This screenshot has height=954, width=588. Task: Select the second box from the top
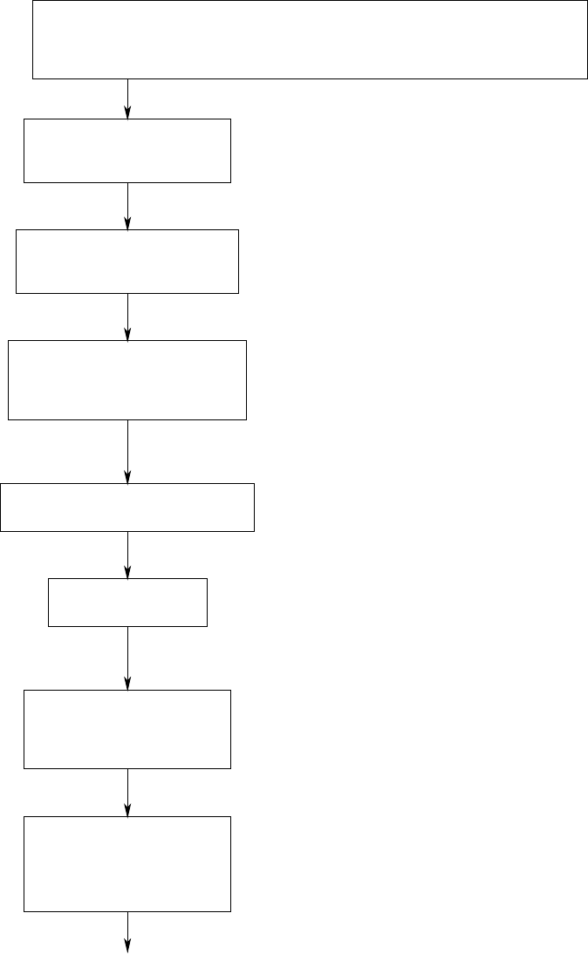[127, 151]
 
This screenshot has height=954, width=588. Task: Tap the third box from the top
[127, 262]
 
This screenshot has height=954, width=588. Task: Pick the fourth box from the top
[127, 380]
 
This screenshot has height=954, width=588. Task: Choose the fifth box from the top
[127, 508]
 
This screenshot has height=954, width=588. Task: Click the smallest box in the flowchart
[127, 602]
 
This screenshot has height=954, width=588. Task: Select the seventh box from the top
[127, 729]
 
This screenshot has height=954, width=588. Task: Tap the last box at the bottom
[127, 864]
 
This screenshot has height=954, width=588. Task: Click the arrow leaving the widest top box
[128, 99]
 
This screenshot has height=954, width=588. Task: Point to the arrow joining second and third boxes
[128, 206]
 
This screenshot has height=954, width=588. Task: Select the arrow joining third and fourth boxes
[128, 317]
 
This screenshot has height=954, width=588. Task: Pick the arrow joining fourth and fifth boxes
[128, 452]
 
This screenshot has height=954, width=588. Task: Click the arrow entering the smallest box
[128, 555]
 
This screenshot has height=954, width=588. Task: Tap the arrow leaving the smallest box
[128, 658]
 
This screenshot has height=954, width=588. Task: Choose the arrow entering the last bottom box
[128, 792]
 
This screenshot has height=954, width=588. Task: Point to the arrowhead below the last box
[128, 946]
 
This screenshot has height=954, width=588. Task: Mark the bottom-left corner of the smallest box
[48, 626]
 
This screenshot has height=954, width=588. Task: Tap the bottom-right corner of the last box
[230, 911]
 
